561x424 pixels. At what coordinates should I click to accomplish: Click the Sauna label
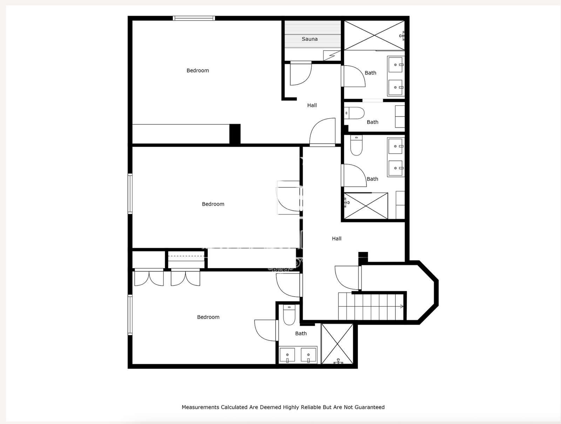point(310,39)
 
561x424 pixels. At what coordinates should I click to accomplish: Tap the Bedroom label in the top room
point(197,71)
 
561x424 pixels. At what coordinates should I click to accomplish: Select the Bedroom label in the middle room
point(213,204)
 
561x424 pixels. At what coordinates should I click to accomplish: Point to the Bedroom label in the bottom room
point(208,317)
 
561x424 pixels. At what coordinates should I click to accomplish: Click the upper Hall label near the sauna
point(312,105)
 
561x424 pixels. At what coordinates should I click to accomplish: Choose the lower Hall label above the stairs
point(337,239)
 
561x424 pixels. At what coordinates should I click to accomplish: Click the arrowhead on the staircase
point(402,306)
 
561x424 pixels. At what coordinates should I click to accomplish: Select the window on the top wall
point(194,18)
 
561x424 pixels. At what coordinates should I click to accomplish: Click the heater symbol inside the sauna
point(332,55)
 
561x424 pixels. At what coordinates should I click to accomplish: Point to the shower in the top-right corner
point(374,35)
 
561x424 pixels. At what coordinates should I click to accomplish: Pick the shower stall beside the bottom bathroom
point(337,344)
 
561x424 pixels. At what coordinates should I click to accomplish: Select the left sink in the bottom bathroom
point(287,355)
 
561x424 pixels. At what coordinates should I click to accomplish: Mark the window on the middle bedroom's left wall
point(130,194)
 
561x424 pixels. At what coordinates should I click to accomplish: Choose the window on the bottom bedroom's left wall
point(130,315)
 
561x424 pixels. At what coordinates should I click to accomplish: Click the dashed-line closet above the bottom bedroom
point(186,260)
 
